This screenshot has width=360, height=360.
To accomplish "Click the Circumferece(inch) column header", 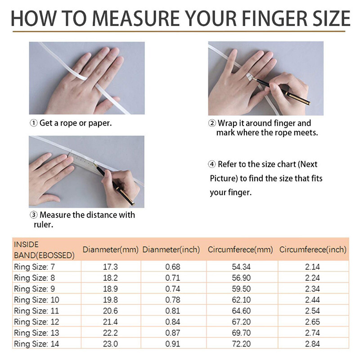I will point(313,249).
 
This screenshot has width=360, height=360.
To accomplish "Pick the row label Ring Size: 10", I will point(37,300).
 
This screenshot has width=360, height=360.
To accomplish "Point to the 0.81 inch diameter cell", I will point(171,311).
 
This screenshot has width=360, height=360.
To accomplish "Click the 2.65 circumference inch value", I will point(312,322).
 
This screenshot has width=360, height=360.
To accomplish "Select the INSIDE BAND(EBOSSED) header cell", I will point(44,250).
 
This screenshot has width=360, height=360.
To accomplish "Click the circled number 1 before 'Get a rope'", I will point(34,123).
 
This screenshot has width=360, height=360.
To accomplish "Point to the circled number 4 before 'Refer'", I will point(212,164).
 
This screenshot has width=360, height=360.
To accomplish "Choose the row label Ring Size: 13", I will point(37,333).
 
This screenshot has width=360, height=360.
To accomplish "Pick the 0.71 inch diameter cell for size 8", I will point(171,278).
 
